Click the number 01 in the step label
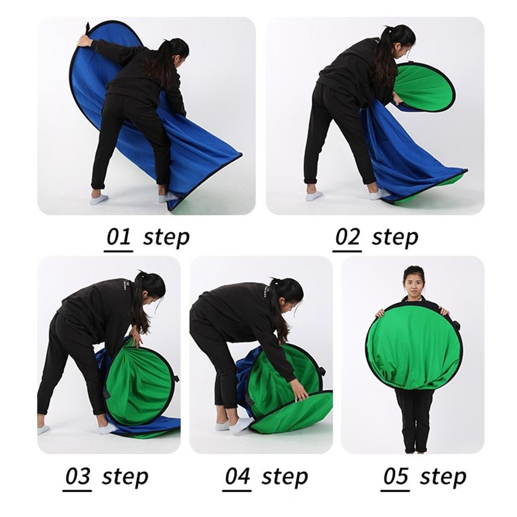pos(119,238)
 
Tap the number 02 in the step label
pos(347,238)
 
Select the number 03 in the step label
pos(78,477)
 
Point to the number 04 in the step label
pos(238,477)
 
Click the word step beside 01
pos(166,238)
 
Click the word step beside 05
pos(443,477)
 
